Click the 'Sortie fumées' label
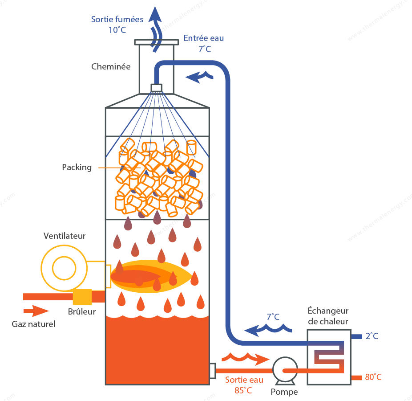pos(117,20)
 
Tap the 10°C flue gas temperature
pos(117,30)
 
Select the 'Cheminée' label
pos(111,66)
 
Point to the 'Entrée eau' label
pos(204,38)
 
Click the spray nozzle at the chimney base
pos(156,88)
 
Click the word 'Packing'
pos(77,168)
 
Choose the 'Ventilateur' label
pos(65,236)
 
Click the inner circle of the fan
pos(64,268)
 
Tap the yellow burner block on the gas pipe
pos(82,297)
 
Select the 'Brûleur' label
pos(82,311)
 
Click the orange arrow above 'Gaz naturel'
pos(36,311)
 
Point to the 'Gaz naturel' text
pos(33,324)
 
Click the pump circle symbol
pos(285,369)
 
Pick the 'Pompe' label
pos(284,392)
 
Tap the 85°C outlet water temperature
pos(243,390)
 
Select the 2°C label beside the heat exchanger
pos(372,336)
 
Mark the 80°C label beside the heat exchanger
pos(373,377)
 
